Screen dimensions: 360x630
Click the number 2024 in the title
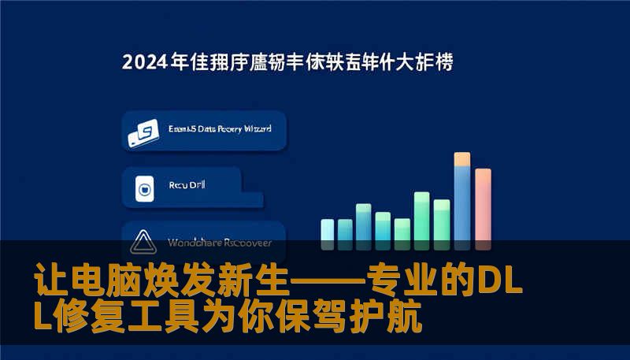pos(146,61)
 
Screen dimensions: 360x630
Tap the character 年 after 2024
pos(180,61)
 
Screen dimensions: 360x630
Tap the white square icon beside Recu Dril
pos(143,189)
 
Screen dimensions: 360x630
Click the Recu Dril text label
pos(187,186)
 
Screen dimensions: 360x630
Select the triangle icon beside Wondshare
pos(143,242)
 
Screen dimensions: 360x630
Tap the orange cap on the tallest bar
pos(462,158)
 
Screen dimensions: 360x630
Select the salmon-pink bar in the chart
pos(483,206)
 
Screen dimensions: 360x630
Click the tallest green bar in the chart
pos(422,216)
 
